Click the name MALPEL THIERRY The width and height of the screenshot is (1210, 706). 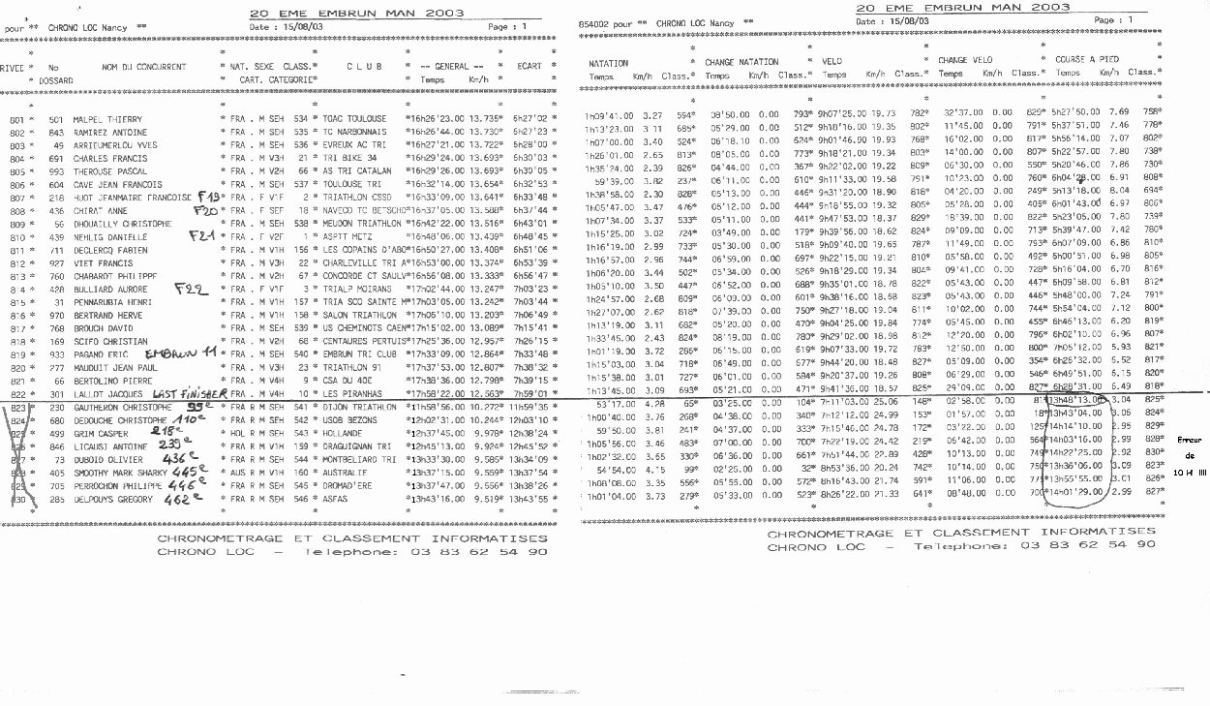coord(107,119)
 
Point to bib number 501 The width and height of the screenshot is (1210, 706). coord(55,119)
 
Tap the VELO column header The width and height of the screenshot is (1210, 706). coord(832,61)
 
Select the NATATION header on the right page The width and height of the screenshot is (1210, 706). coord(609,62)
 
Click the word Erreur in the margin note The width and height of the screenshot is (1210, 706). coord(1188,441)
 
